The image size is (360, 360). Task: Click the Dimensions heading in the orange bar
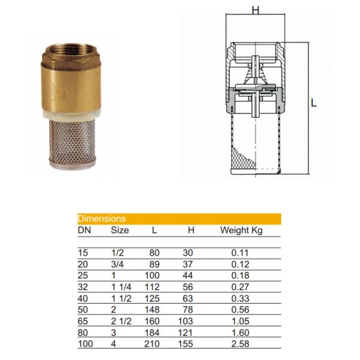coord(102,218)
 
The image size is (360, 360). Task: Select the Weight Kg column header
coord(241,230)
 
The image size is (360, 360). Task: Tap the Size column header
coord(120,230)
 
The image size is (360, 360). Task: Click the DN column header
coord(85,230)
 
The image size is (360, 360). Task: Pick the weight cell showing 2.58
coord(240,344)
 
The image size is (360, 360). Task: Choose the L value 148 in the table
coord(152,310)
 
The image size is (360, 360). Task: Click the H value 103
coord(185,321)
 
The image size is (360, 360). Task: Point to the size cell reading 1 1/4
coord(121,287)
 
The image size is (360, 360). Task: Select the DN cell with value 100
coord(85,344)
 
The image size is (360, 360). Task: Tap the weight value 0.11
coord(240,253)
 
